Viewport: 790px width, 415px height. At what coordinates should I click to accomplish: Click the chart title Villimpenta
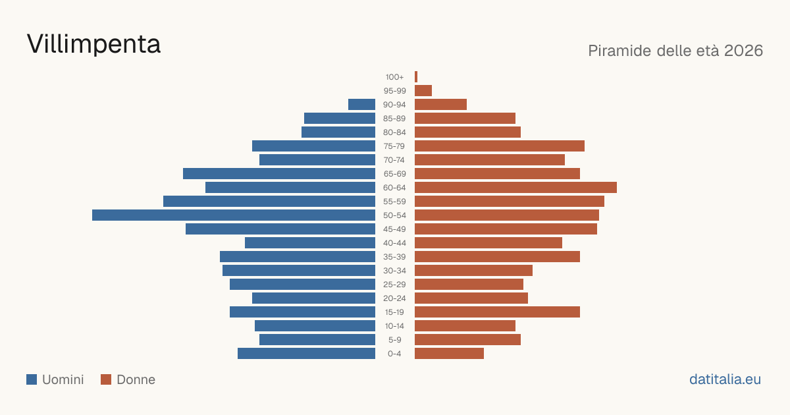click(93, 44)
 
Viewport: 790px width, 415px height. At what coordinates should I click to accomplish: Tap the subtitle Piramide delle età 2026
click(675, 51)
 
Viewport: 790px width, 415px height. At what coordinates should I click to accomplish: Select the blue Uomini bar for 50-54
click(234, 215)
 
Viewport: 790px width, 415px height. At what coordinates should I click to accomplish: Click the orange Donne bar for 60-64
click(515, 187)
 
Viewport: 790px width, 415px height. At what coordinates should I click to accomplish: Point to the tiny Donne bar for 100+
click(416, 77)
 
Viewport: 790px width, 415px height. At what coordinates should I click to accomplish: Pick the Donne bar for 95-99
click(423, 91)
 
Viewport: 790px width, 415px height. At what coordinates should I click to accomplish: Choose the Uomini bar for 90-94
click(361, 105)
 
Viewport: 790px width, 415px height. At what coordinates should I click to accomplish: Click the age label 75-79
click(394, 146)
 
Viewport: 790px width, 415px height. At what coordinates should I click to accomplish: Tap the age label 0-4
click(394, 354)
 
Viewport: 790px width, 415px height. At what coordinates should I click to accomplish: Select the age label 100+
click(394, 77)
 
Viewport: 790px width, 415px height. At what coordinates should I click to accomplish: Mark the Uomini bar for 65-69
click(279, 174)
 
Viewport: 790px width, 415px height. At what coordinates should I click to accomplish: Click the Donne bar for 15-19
click(497, 312)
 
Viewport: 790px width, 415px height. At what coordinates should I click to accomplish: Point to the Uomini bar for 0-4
click(306, 354)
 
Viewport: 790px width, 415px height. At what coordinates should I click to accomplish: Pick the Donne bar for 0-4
click(449, 354)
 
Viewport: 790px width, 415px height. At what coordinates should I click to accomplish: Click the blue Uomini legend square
click(32, 379)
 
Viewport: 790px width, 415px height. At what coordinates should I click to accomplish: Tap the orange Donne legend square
click(106, 379)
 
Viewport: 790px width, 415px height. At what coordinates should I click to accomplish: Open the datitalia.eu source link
click(725, 379)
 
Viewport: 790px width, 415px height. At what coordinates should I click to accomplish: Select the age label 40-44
click(394, 243)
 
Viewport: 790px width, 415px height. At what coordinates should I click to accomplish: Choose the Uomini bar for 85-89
click(340, 118)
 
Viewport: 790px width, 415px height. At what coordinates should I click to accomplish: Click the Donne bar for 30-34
click(473, 271)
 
